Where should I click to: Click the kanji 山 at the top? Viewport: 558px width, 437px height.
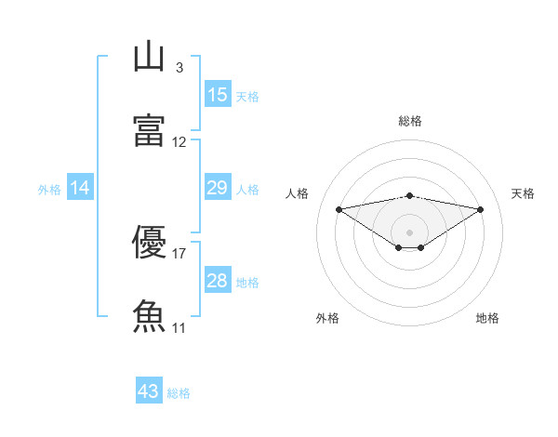pyautogui.click(x=150, y=57)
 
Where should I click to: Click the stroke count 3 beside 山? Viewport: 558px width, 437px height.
pyautogui.click(x=179, y=68)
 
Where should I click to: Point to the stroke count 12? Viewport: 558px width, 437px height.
pyautogui.click(x=179, y=142)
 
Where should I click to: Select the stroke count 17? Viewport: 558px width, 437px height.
pyautogui.click(x=179, y=253)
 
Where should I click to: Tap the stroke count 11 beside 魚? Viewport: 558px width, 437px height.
pyautogui.click(x=179, y=327)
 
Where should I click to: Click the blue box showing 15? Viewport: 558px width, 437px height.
pyautogui.click(x=218, y=95)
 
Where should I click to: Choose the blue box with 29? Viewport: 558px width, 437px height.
pyautogui.click(x=218, y=188)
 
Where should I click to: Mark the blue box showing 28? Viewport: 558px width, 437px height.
pyautogui.click(x=218, y=281)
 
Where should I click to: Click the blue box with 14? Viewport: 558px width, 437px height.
pyautogui.click(x=80, y=188)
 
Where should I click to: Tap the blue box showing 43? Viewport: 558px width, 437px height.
pyautogui.click(x=149, y=392)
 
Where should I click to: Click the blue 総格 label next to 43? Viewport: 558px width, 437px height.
pyautogui.click(x=179, y=393)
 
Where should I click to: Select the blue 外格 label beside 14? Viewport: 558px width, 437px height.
pyautogui.click(x=49, y=189)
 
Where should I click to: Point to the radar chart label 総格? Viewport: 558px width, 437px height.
pyautogui.click(x=410, y=121)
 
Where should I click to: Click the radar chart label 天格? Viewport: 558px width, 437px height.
pyautogui.click(x=523, y=193)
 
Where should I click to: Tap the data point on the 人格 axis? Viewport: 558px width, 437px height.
pyautogui.click(x=339, y=208)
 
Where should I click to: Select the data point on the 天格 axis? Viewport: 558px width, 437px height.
pyautogui.click(x=481, y=209)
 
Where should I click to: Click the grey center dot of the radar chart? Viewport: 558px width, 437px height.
pyautogui.click(x=410, y=232)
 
